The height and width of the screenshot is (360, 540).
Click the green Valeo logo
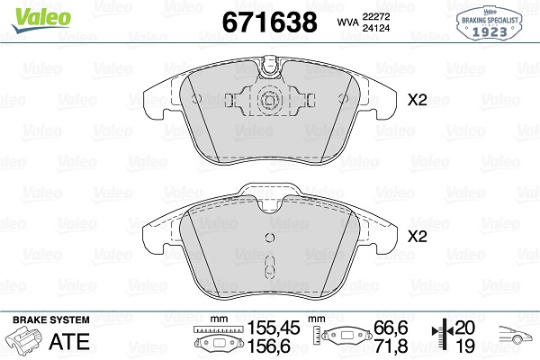[x=41, y=19]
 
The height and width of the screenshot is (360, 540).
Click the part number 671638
[x=270, y=22]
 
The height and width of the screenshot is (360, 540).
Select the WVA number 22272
[x=375, y=16]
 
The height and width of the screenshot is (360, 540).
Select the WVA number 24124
[x=375, y=28]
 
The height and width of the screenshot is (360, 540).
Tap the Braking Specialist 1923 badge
[x=490, y=22]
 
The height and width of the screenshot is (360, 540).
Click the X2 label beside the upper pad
[x=417, y=100]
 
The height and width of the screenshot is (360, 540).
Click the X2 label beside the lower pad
[x=417, y=237]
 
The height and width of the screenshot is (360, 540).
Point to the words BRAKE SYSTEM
[x=51, y=319]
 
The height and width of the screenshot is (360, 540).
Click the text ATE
[x=69, y=342]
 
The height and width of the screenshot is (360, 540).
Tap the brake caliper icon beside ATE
[x=24, y=341]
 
